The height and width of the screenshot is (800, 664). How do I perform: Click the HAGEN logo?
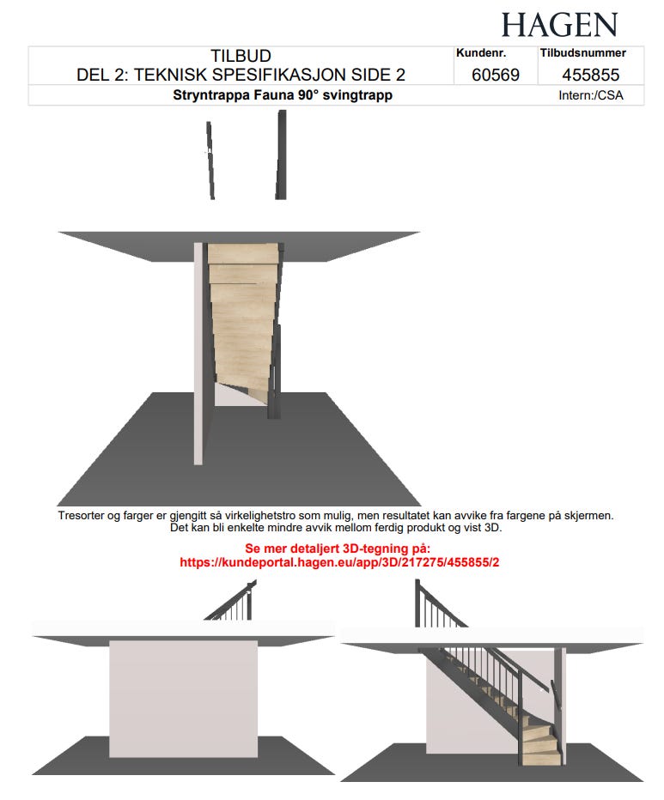coord(559,25)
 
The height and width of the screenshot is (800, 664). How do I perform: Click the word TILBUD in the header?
coord(241,56)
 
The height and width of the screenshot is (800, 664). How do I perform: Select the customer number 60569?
coord(496,75)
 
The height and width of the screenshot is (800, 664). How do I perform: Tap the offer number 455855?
coord(590,75)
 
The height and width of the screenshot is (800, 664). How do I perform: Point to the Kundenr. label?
coord(481,52)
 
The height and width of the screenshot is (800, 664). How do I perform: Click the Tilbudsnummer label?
coord(582,52)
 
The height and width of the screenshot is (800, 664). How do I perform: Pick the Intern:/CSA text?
coord(590,95)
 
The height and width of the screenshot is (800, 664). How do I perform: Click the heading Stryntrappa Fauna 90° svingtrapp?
coord(283,95)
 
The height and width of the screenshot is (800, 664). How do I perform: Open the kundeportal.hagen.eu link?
coord(339,562)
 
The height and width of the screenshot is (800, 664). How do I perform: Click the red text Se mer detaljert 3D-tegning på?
coord(338,548)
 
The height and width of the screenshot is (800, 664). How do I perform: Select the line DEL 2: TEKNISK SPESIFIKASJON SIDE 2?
coord(241,75)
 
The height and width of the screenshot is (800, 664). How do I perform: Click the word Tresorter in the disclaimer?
coord(82,515)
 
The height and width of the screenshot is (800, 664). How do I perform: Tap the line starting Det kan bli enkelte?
coord(336,528)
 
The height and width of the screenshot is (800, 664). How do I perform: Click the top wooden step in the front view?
coord(244,253)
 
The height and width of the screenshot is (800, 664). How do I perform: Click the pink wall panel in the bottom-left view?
coord(183,699)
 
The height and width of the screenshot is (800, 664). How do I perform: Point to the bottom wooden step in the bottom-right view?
coord(542,757)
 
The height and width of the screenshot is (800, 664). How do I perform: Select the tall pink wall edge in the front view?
coord(198,354)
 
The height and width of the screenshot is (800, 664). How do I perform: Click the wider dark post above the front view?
coord(281,155)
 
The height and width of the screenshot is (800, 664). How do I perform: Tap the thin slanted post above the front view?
coord(210,160)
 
